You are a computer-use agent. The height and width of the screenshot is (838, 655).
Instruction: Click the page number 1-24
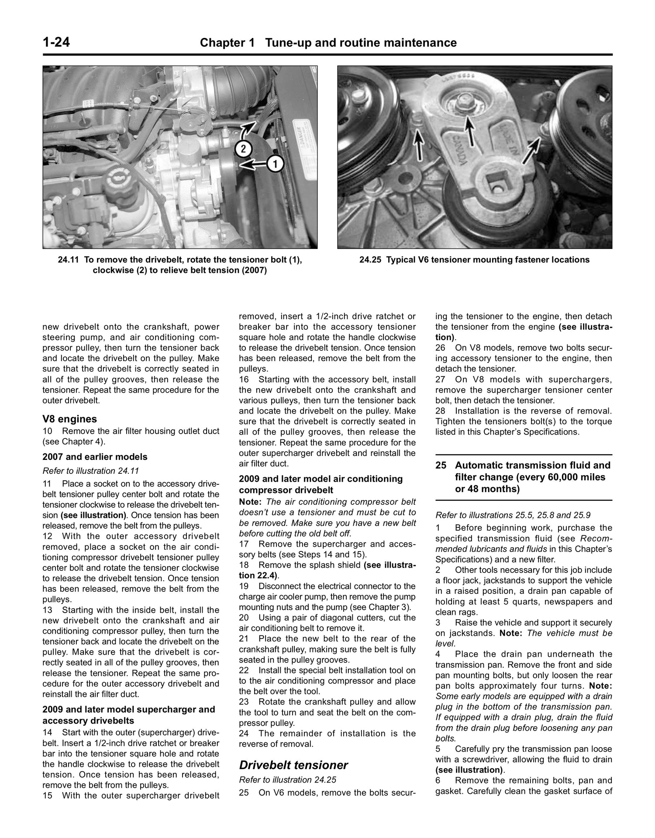[x=56, y=43]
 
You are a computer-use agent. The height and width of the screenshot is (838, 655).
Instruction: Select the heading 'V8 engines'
[x=69, y=419]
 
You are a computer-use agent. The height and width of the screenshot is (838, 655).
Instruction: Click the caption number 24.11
[x=68, y=260]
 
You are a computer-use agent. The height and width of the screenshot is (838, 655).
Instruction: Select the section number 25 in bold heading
[x=441, y=466]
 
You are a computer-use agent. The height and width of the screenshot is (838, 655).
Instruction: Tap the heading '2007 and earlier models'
[x=95, y=457]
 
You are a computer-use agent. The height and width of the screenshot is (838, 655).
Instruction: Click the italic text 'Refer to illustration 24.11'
[x=91, y=471]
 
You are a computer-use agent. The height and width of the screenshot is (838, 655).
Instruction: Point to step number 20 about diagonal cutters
[x=244, y=618]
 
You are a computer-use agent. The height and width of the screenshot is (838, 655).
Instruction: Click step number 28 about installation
[x=440, y=411]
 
